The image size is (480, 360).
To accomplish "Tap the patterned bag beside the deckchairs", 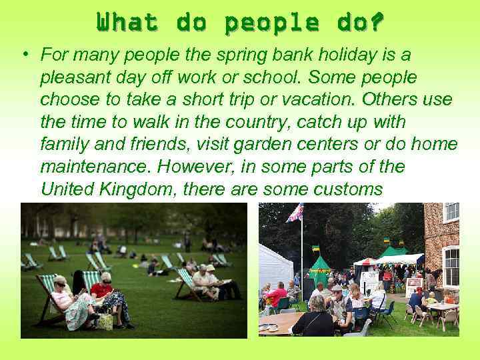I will (105, 322).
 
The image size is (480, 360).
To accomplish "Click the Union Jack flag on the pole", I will (295, 213).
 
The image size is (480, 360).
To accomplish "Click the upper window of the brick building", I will (451, 213).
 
